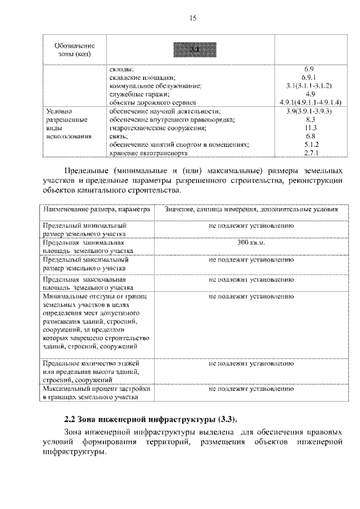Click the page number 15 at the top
click(192, 19)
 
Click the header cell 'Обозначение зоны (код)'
click(75, 49)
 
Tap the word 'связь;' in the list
click(119, 137)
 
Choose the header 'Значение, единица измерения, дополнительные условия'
click(251, 209)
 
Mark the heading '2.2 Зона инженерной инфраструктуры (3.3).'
click(150, 419)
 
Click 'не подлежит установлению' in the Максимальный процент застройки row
click(251, 389)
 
